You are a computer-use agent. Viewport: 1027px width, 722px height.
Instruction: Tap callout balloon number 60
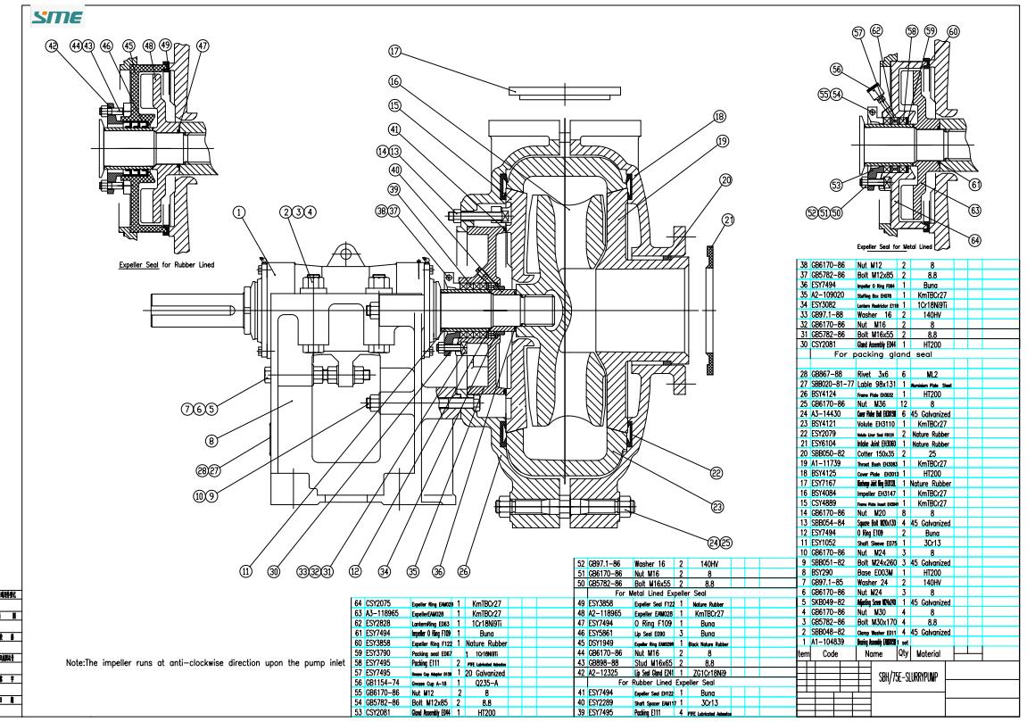click(x=954, y=31)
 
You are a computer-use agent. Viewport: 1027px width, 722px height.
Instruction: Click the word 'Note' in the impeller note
click(x=79, y=663)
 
